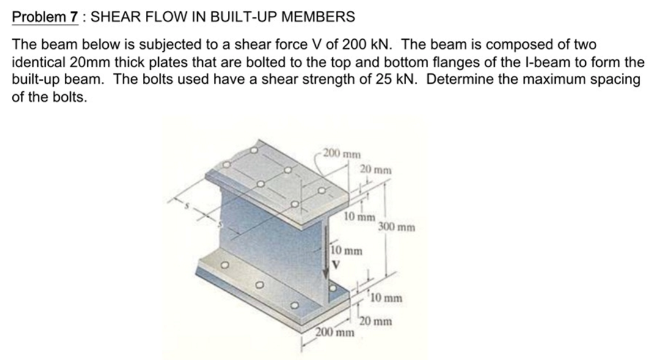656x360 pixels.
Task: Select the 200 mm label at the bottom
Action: (335, 333)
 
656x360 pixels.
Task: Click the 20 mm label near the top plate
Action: (376, 169)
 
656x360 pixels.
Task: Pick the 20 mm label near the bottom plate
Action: (376, 321)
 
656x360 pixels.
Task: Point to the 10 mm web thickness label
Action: (346, 251)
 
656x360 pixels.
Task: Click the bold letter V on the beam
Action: (335, 264)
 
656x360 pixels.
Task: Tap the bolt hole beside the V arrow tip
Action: (333, 287)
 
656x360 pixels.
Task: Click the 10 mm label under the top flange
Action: (359, 216)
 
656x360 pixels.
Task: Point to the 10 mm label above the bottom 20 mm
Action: (386, 298)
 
